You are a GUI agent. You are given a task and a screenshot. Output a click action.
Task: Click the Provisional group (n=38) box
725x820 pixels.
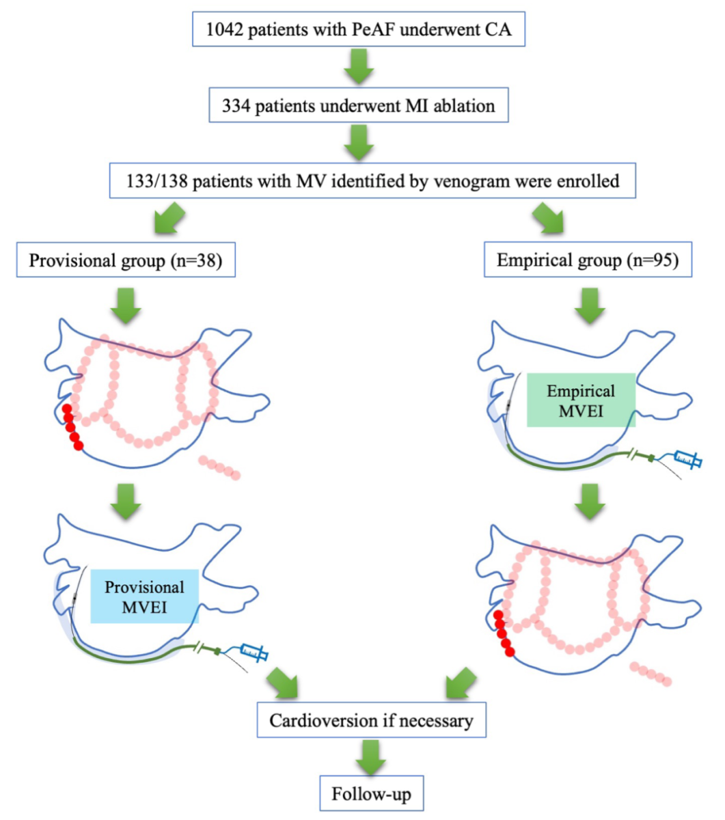125,260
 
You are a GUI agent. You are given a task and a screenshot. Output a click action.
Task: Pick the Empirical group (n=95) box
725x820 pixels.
588,260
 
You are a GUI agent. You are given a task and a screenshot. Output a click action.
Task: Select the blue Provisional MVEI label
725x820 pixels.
144,595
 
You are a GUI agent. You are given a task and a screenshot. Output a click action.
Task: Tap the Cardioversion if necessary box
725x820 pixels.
371,720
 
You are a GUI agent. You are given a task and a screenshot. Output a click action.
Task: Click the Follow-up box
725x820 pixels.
372,794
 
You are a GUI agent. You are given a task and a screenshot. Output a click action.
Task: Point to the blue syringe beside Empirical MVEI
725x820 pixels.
687,460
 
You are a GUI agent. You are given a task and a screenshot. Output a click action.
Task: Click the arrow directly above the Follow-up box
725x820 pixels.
371,757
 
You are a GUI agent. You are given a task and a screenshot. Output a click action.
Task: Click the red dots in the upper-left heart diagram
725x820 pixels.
72,427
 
